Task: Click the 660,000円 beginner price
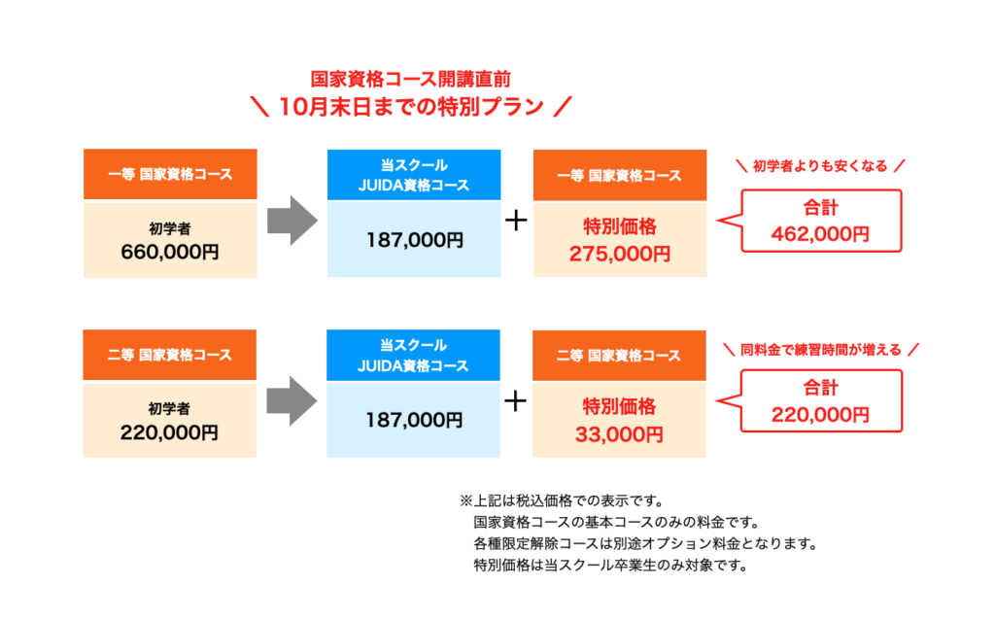pos(170,252)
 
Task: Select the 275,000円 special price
pos(619,254)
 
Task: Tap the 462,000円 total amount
pos(820,234)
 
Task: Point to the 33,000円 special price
pos(619,434)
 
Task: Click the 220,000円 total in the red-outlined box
pos(820,415)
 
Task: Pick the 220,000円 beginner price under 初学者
pos(169,432)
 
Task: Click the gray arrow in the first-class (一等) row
pos(292,221)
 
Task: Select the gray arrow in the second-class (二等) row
pos(292,400)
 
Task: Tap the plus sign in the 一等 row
pos(516,221)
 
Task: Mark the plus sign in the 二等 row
pos(515,401)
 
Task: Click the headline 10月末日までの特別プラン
pos(411,107)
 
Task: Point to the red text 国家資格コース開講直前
pos(411,80)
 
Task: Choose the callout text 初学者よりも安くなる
pos(820,166)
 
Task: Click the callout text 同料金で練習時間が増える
pos(820,350)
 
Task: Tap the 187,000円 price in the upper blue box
pos(414,240)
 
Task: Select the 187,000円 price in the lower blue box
pos(414,420)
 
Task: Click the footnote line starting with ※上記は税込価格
pos(562,501)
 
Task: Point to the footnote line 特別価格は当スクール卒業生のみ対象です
pos(611,565)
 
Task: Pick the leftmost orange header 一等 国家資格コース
pos(170,175)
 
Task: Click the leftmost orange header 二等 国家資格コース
pos(169,355)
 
